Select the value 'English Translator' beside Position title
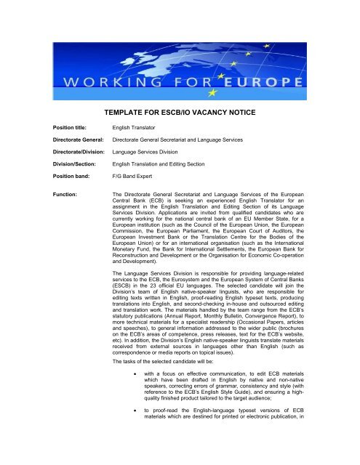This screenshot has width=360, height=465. click(x=133, y=127)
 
